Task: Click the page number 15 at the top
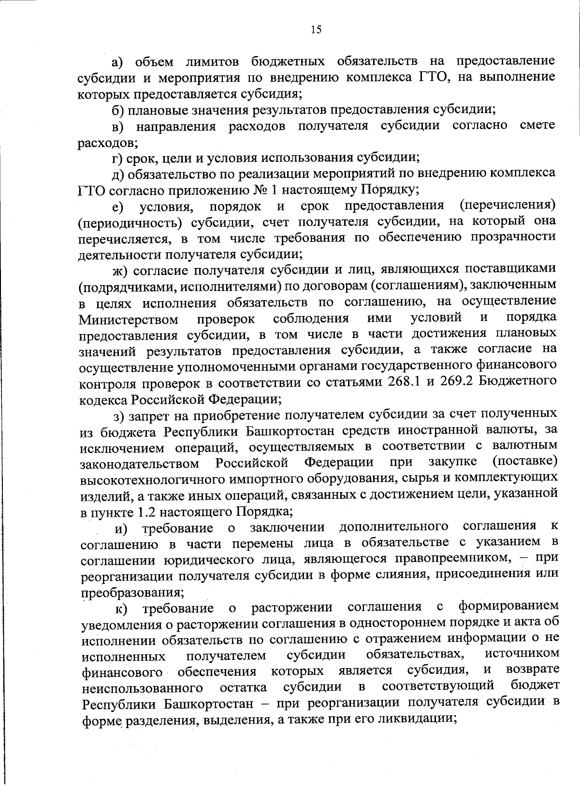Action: (x=316, y=30)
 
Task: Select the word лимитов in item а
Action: (x=211, y=62)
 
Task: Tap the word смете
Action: (x=537, y=126)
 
